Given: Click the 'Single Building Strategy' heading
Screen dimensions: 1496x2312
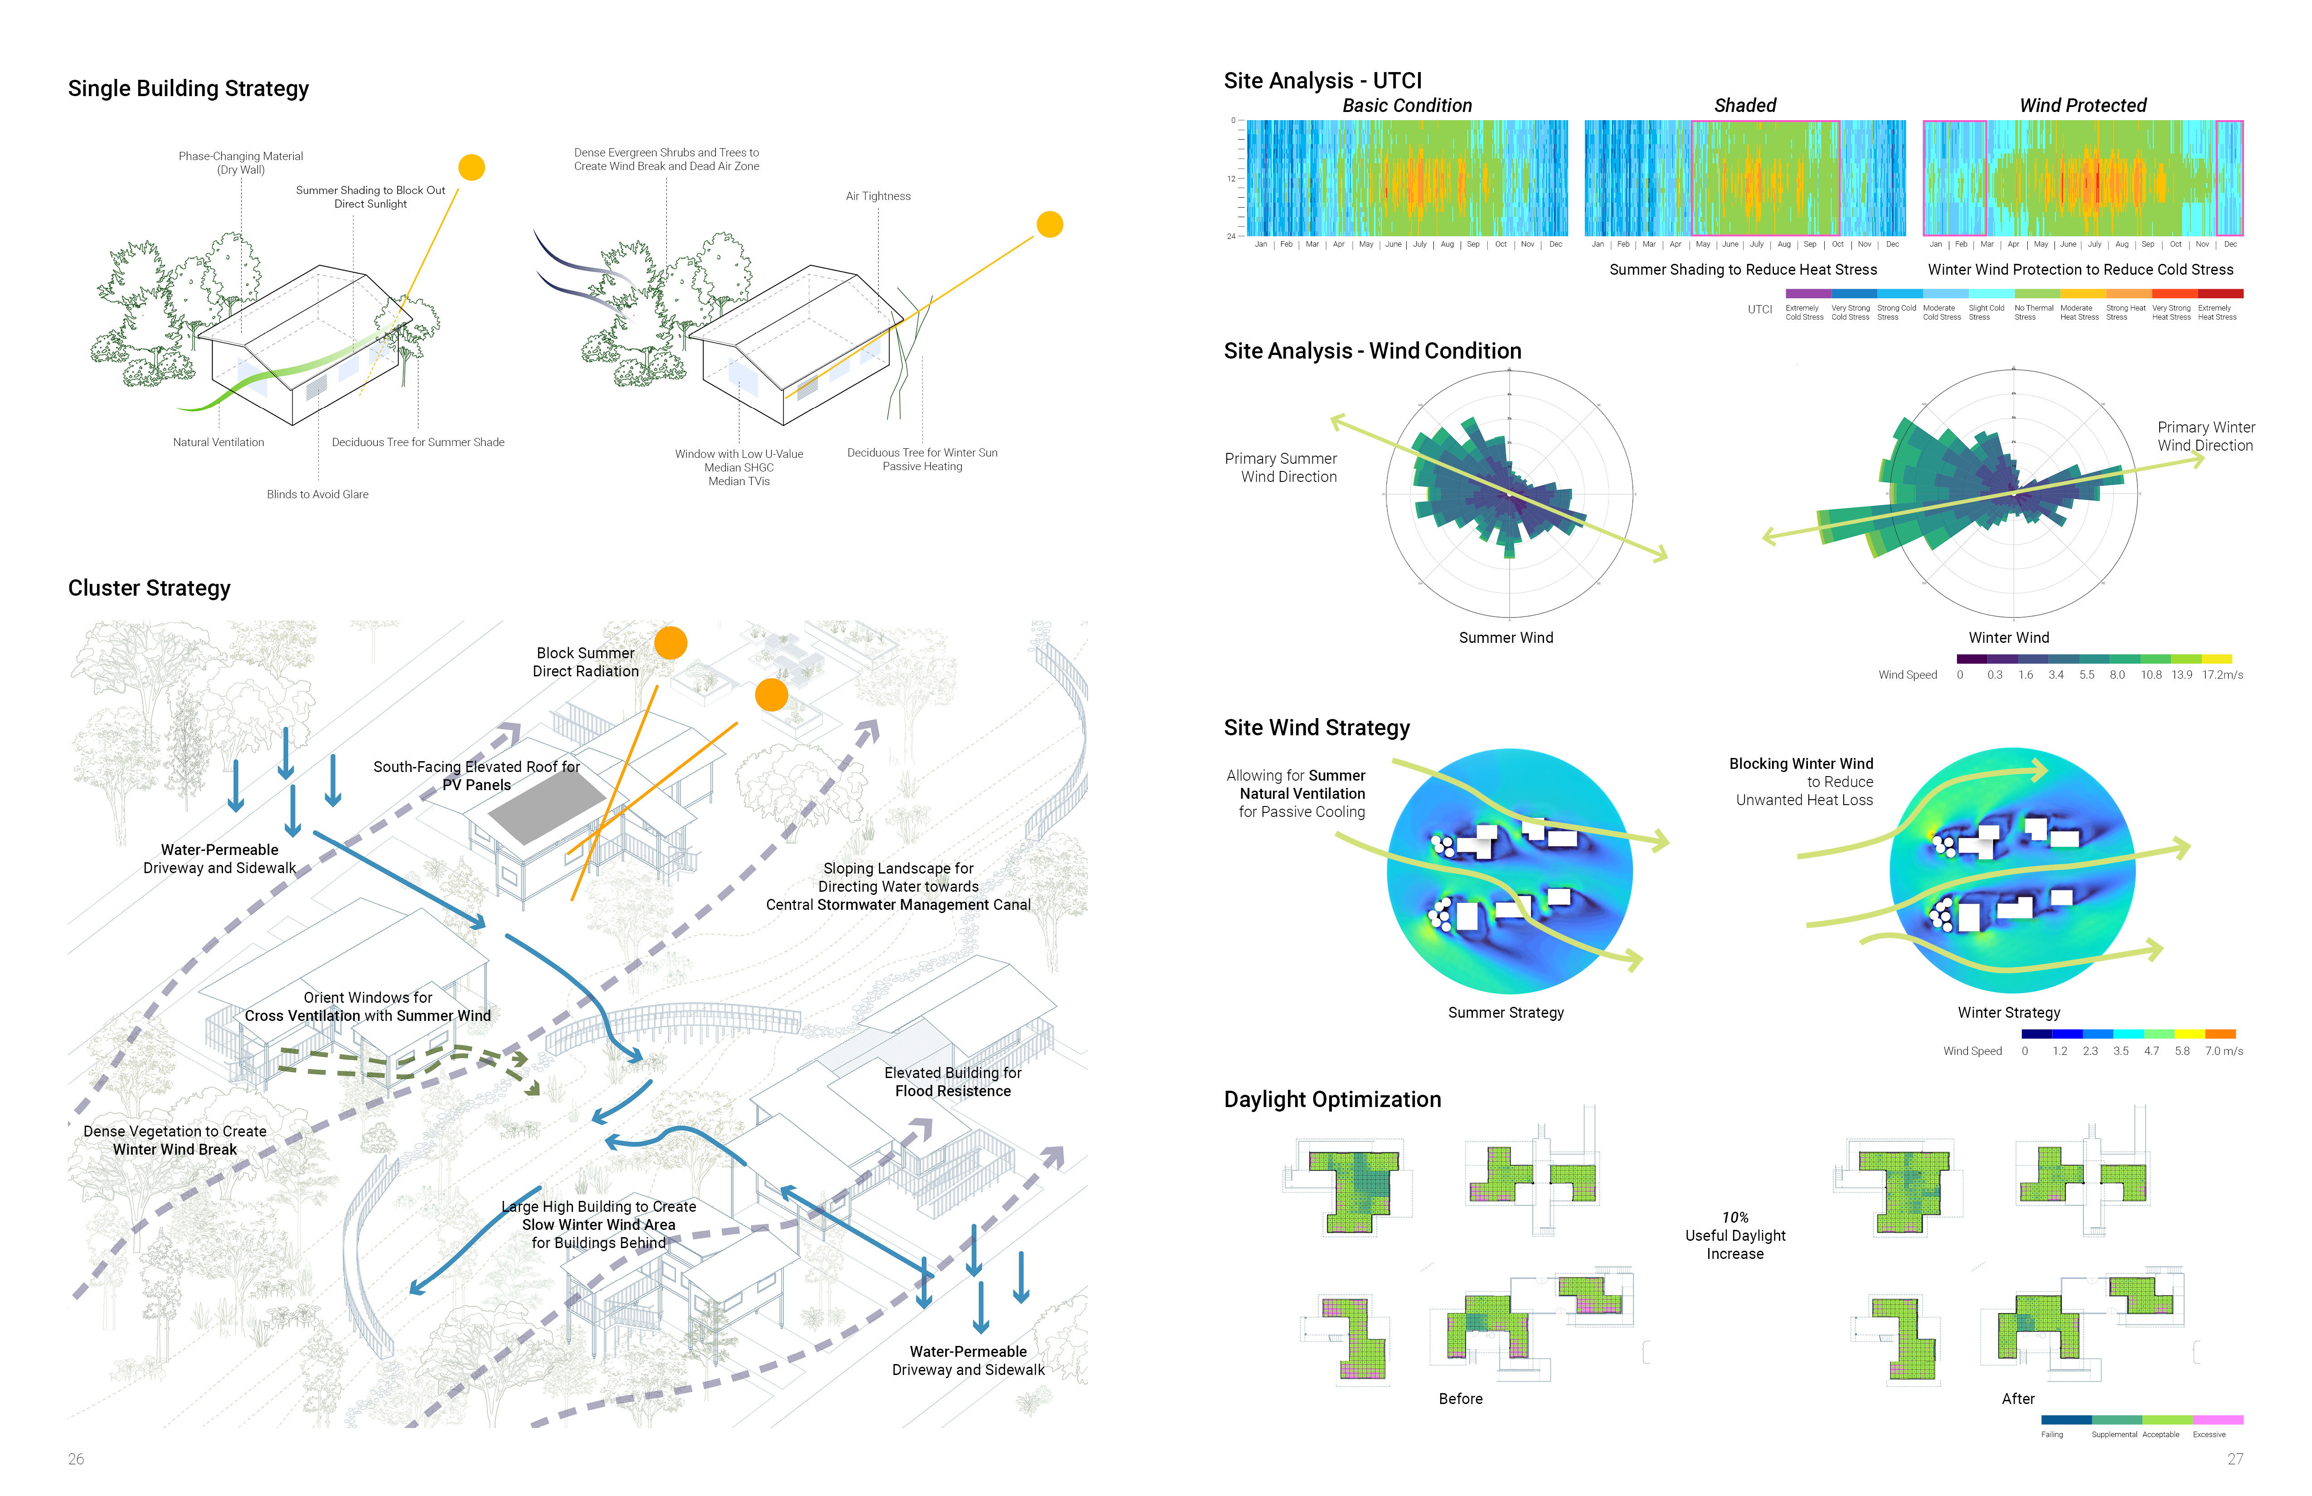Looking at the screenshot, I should tap(189, 88).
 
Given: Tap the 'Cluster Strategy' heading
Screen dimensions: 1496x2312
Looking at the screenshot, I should tap(150, 588).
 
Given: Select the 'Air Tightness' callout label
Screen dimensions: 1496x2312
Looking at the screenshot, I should tap(878, 196).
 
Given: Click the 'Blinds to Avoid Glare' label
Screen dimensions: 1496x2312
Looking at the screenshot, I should tap(318, 495).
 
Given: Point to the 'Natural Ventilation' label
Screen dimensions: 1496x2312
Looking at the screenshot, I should tap(219, 442).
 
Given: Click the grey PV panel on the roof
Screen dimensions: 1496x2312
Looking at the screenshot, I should tap(547, 805).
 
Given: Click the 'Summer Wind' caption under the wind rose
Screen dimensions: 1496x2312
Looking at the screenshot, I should tap(1506, 637).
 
